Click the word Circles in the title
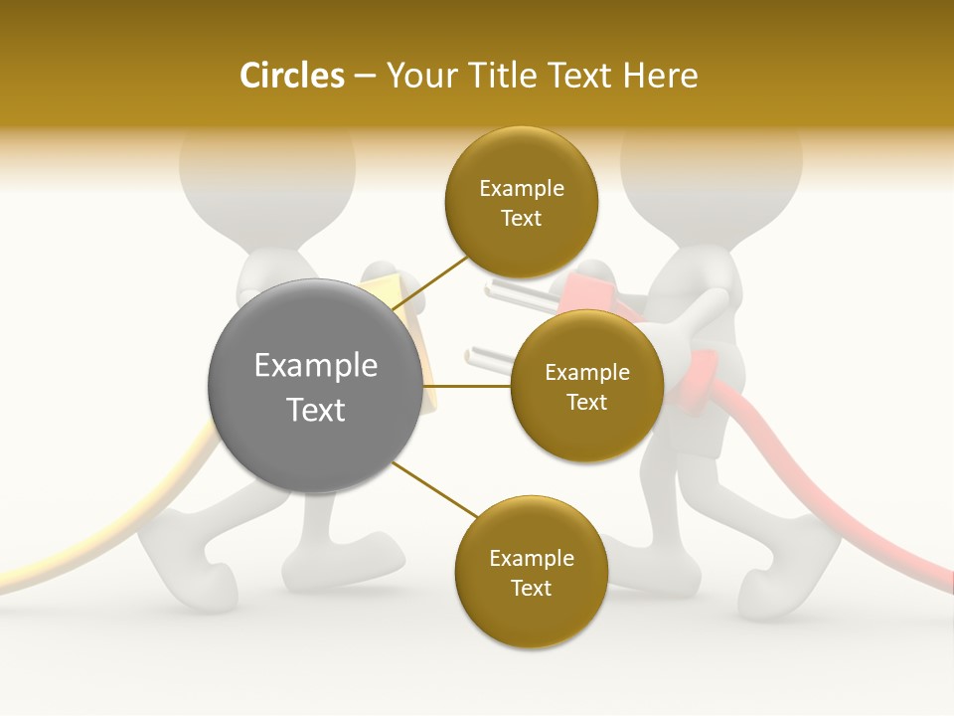pyautogui.click(x=291, y=76)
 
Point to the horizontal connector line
pyautogui.click(x=467, y=386)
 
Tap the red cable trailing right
pyautogui.click(x=845, y=517)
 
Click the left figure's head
pyautogui.click(x=266, y=169)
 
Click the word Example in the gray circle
pyautogui.click(x=316, y=366)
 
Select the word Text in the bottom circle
pyautogui.click(x=531, y=588)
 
